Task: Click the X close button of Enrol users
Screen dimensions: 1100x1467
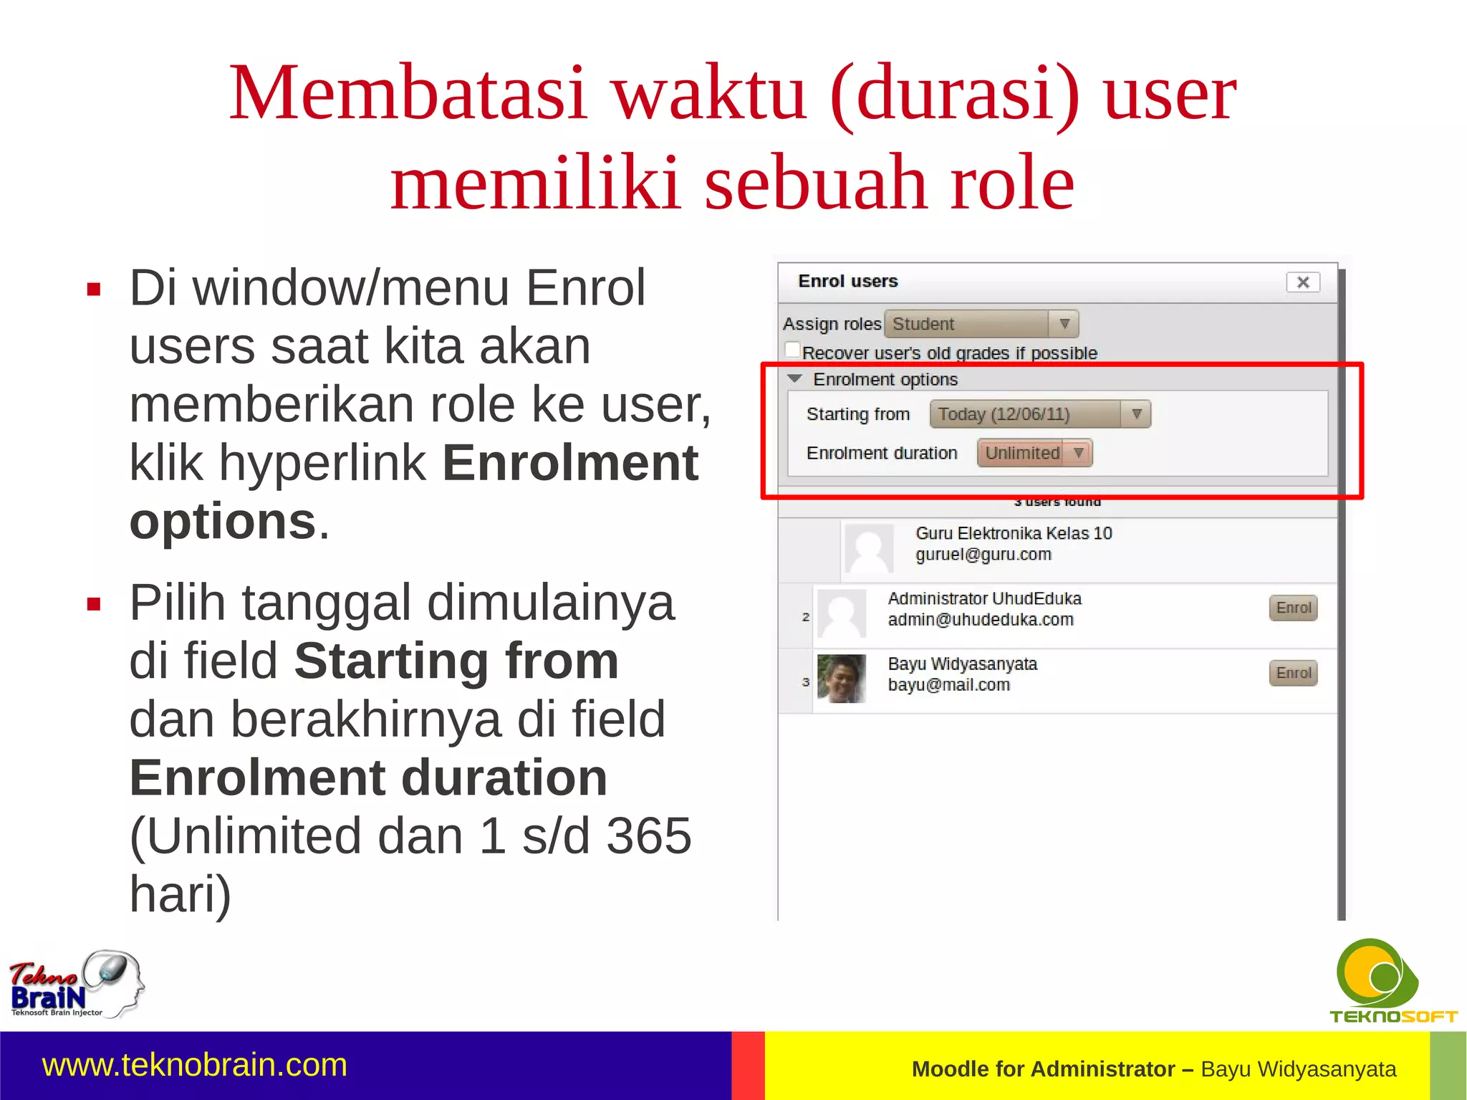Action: tap(1302, 282)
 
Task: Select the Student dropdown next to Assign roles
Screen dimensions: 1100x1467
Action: tap(981, 324)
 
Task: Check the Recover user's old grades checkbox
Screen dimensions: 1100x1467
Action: tap(792, 350)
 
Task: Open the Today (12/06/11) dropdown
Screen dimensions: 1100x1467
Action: tap(1039, 414)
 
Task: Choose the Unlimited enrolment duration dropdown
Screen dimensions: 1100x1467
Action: tap(1034, 453)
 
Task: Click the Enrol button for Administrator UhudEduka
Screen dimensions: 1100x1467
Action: tap(1293, 608)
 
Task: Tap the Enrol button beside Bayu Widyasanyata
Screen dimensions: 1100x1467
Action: tap(1293, 674)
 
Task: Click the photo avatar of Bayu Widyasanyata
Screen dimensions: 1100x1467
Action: tap(842, 678)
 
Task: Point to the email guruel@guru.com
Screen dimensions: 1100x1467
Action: tap(983, 555)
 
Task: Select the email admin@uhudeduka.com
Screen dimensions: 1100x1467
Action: tap(980, 620)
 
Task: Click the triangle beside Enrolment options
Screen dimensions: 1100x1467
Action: tap(794, 378)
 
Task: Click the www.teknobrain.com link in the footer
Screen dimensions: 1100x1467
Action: tap(195, 1065)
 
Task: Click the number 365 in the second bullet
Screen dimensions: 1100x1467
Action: tap(648, 836)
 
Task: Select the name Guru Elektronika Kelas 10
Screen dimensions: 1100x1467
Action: tap(1014, 533)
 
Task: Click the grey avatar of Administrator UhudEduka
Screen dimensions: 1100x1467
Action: tap(842, 613)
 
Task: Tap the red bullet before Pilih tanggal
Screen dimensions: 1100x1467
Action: tap(94, 605)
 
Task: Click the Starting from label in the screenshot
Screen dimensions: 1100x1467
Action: tap(857, 414)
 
